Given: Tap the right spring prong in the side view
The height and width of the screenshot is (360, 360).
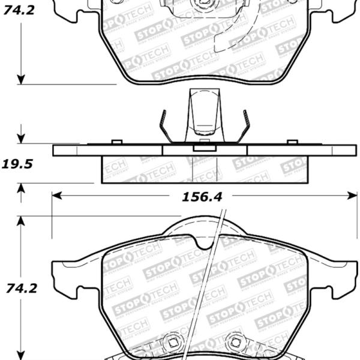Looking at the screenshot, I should click(x=245, y=126).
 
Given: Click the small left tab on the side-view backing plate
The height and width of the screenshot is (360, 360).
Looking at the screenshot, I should click(x=117, y=142).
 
